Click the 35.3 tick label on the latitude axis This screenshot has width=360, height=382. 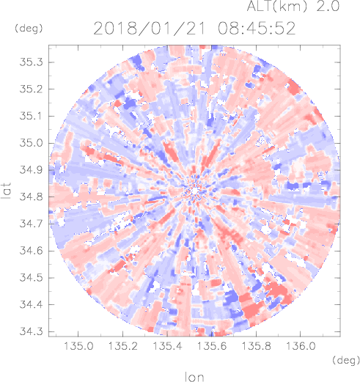coord(31,62)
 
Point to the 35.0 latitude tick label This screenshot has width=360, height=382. coord(31,143)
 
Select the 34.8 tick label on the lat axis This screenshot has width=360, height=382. coord(31,196)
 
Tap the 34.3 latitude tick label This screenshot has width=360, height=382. coord(31,331)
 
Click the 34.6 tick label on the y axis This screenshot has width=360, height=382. coord(31,251)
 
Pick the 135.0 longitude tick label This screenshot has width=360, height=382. coord(78,346)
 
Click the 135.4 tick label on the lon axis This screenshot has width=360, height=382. coord(167,346)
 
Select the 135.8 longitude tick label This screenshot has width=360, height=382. coord(256,346)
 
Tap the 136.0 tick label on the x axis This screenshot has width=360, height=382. coord(301,346)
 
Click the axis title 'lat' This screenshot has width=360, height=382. coord(7,191)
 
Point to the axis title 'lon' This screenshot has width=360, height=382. coord(194,377)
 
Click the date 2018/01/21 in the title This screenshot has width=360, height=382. coord(149,29)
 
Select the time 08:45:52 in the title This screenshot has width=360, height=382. coord(257,29)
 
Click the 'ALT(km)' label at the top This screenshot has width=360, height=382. coord(276,6)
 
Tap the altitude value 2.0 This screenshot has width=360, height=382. coord(328,6)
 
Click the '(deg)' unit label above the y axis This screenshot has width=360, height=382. coord(29,29)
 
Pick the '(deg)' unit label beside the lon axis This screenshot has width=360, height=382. coord(346,360)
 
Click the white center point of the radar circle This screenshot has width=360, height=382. coord(194,191)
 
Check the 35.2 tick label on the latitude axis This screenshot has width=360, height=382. coord(31,89)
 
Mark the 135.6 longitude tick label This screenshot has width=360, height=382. coord(212,346)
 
